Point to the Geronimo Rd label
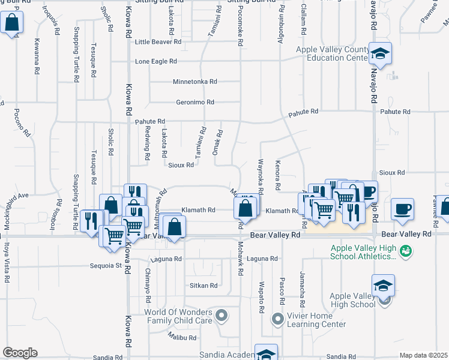(195, 103)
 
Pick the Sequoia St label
(106, 265)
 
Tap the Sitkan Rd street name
(203, 286)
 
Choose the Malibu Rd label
(182, 338)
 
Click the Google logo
(20, 353)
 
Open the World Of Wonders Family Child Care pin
(221, 314)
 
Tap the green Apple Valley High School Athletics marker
(405, 250)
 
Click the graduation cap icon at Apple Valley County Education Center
(379, 54)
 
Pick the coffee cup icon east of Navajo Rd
(402, 209)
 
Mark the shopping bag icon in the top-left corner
(11, 24)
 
